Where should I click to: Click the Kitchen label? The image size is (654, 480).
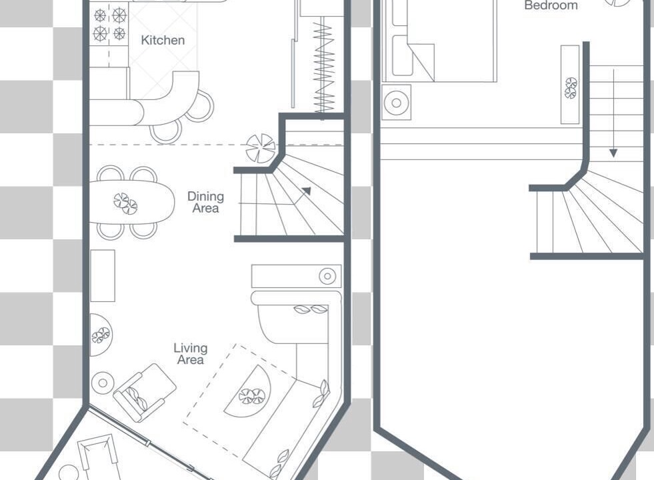point(163,40)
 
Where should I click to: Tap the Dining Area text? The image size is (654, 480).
point(205,202)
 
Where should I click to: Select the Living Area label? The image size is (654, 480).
point(191,354)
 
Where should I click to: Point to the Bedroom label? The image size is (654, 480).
point(551,5)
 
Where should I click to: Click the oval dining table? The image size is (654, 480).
point(132,202)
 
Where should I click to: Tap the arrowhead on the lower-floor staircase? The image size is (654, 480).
point(307,191)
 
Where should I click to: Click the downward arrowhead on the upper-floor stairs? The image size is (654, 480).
point(613,153)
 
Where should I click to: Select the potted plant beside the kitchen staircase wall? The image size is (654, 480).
point(260,147)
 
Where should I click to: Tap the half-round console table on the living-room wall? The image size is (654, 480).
point(101,335)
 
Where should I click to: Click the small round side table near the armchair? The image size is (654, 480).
point(103,383)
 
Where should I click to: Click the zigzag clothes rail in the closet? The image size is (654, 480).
point(323,67)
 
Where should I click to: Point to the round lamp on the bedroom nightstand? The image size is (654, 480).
point(397,102)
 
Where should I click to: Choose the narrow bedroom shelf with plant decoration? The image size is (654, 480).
point(570,84)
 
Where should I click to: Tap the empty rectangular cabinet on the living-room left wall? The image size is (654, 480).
point(103,275)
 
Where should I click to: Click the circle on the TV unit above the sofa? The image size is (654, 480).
point(327,276)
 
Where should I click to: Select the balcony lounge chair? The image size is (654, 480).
point(98,457)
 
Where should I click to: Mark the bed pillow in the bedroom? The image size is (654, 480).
point(403,55)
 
